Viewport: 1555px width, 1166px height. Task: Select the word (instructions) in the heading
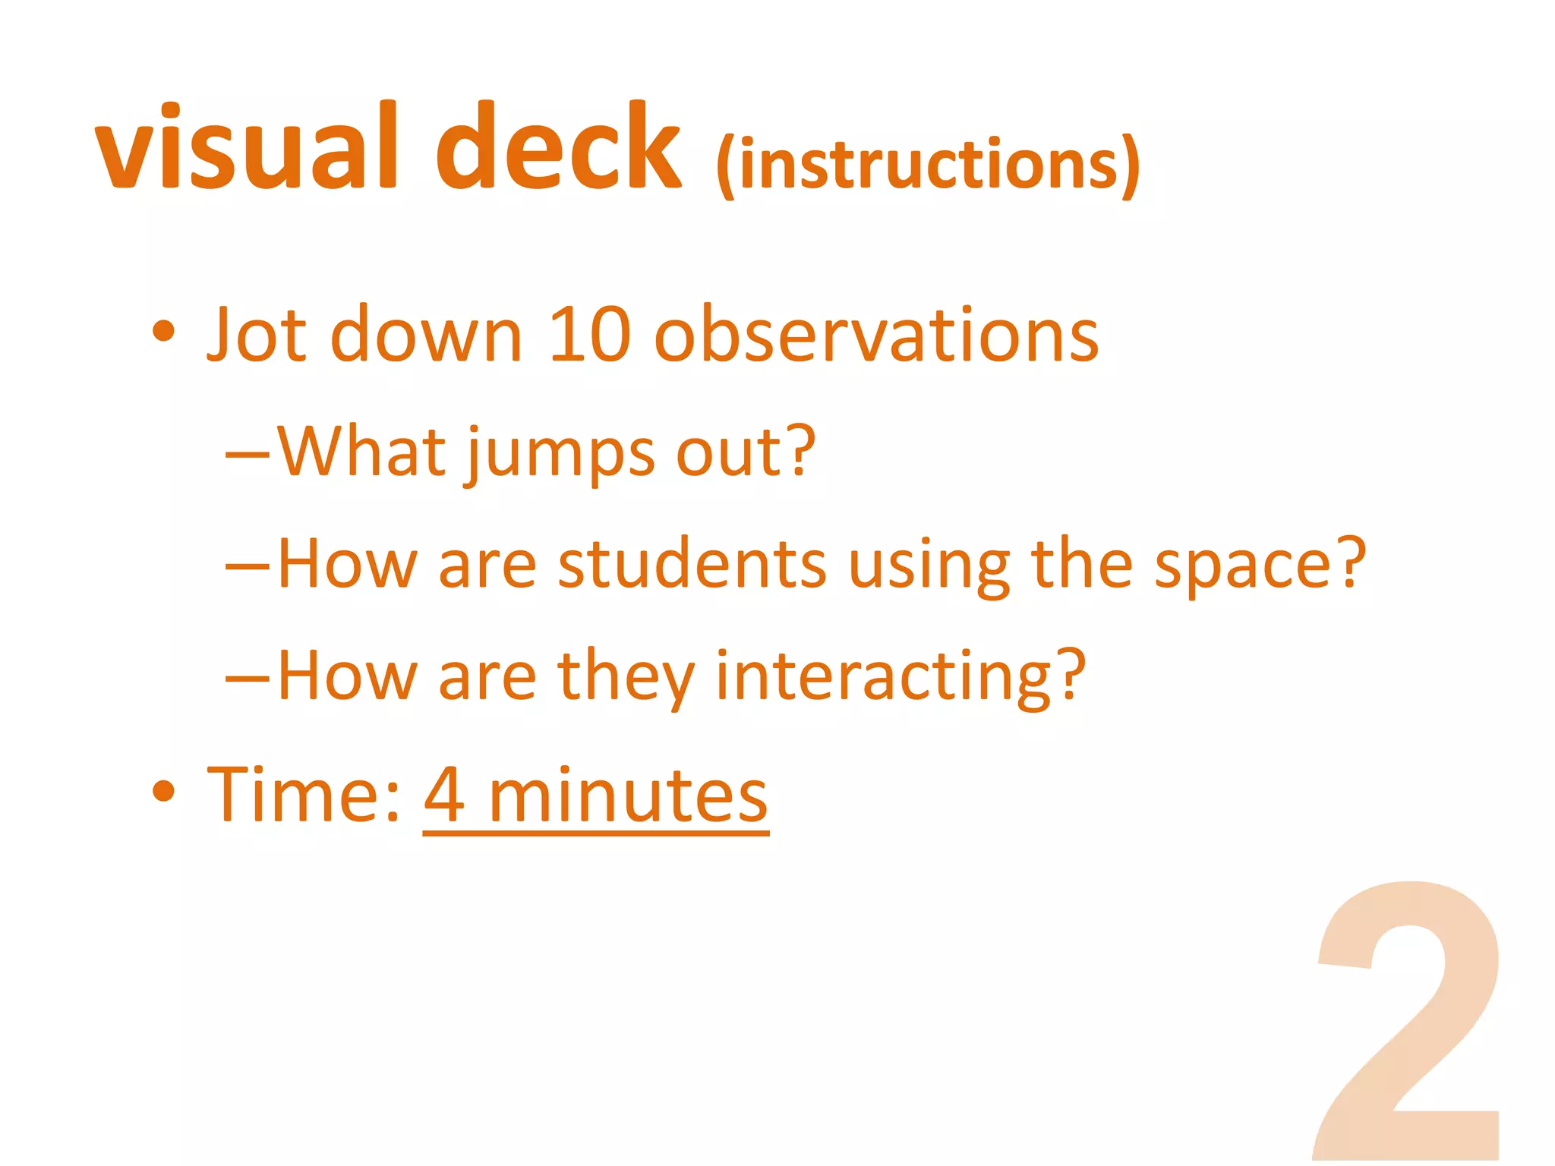[x=928, y=165]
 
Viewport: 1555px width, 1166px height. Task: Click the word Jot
[x=257, y=334]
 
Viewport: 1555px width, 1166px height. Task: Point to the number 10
[x=589, y=334]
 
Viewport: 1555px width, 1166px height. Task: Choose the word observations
[x=876, y=334]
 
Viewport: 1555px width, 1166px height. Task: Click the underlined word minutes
[x=628, y=796]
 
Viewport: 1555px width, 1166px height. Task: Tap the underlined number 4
[x=444, y=794]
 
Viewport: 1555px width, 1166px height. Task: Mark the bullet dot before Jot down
[x=163, y=331]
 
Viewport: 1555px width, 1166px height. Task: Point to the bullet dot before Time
[x=163, y=791]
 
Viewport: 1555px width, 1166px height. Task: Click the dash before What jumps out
[x=248, y=455]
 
